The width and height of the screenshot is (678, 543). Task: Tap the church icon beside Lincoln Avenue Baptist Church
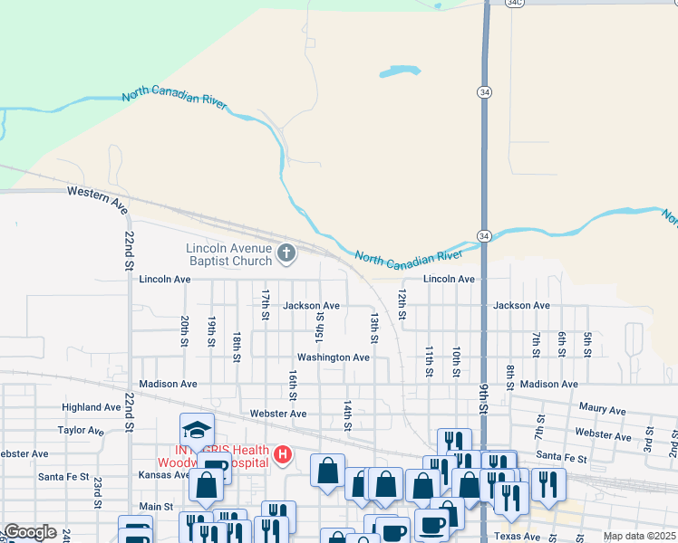[x=286, y=252]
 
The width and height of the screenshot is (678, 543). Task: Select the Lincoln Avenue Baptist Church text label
[x=228, y=254]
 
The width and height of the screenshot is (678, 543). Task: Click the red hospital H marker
[x=283, y=453]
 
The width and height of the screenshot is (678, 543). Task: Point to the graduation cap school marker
[x=197, y=429]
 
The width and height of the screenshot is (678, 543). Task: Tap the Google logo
[x=30, y=533]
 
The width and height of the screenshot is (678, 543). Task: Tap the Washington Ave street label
[x=333, y=357]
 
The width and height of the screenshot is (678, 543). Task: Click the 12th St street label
[x=402, y=303]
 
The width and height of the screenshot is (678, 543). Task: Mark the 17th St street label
[x=266, y=304]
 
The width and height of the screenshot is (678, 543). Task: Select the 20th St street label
[x=184, y=330]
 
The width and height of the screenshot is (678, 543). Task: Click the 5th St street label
[x=587, y=345]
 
